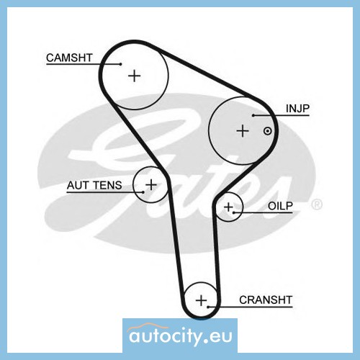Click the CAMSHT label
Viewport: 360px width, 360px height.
(x=69, y=58)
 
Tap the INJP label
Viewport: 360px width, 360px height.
(x=297, y=109)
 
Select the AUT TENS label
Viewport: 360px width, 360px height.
(x=94, y=185)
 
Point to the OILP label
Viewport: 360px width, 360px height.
(x=280, y=206)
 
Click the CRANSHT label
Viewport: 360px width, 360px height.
(x=266, y=300)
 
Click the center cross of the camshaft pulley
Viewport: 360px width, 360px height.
(x=135, y=76)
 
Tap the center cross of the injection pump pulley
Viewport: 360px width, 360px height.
(x=243, y=131)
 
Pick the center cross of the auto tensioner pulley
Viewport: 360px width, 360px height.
(x=151, y=184)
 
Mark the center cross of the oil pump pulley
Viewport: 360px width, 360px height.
(x=228, y=207)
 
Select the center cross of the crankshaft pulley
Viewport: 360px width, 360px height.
(x=201, y=300)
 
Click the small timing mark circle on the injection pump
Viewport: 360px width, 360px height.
(x=267, y=131)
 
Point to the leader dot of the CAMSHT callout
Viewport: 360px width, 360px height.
(x=121, y=64)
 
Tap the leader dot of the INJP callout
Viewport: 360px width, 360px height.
(x=253, y=115)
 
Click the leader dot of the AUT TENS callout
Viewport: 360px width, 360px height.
(x=143, y=192)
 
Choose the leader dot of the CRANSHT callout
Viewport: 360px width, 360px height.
(x=209, y=307)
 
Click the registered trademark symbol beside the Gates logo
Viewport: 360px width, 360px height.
(x=317, y=204)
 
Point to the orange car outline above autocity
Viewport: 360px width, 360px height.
(x=145, y=327)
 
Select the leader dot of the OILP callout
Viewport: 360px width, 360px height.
(x=233, y=212)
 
